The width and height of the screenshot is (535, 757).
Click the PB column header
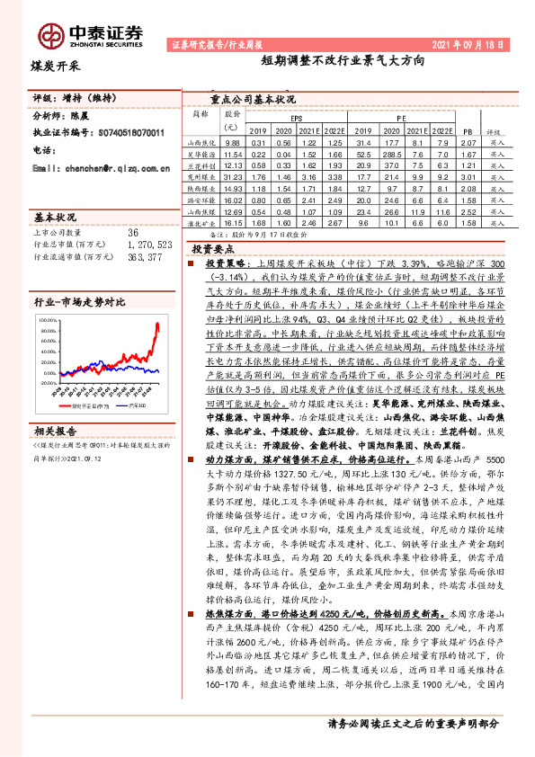[x=466, y=131]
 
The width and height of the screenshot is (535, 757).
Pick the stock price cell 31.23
[x=233, y=179]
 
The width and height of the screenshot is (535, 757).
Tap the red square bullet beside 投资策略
[x=190, y=267]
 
